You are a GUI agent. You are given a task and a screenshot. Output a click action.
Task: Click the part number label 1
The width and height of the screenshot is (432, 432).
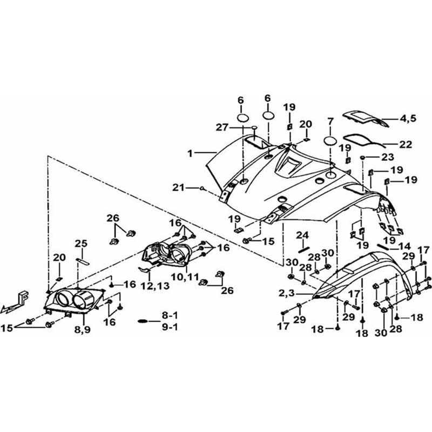(190, 153)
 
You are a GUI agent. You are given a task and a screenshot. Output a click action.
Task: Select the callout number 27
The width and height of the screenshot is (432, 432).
(222, 127)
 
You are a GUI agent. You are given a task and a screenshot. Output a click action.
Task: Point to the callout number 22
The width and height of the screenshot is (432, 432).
(406, 145)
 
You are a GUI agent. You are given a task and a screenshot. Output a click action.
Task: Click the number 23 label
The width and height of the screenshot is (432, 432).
(388, 158)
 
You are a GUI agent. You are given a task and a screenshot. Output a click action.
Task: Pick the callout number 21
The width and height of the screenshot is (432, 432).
(179, 187)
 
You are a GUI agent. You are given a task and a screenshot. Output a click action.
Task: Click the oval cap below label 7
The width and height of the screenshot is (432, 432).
(331, 142)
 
